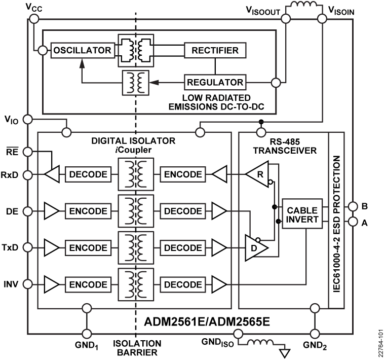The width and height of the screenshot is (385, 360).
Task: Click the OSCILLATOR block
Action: pyautogui.click(x=83, y=50)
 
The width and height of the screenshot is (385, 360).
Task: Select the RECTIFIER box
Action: pyautogui.click(x=215, y=50)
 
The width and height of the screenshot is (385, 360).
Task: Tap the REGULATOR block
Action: pyautogui.click(x=215, y=82)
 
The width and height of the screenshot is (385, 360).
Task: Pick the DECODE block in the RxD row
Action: pyautogui.click(x=87, y=174)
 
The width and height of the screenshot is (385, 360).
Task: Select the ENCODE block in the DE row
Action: pyautogui.click(x=87, y=209)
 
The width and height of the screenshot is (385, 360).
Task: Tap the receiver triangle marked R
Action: pyautogui.click(x=257, y=174)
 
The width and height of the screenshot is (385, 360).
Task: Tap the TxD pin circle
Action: pyautogui.click(x=28, y=247)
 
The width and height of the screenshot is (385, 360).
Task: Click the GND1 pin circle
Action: pyautogui.click(x=87, y=333)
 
